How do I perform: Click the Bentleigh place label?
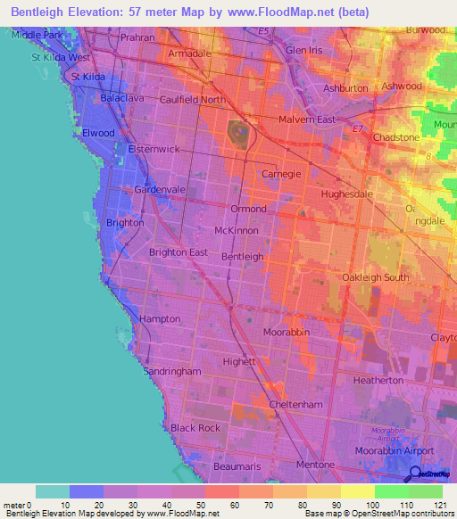[x=242, y=256]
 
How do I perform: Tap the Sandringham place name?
[x=172, y=371]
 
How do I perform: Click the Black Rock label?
[x=195, y=428]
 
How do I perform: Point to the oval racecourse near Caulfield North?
[x=239, y=135]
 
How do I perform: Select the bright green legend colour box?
[x=391, y=491]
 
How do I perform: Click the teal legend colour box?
[x=52, y=491]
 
